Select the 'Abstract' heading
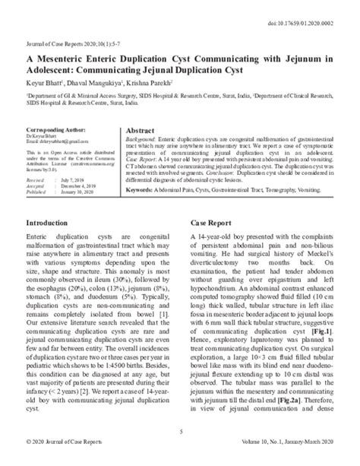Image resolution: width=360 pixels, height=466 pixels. pos(143,131)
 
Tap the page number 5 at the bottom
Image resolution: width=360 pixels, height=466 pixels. pos(180,432)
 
